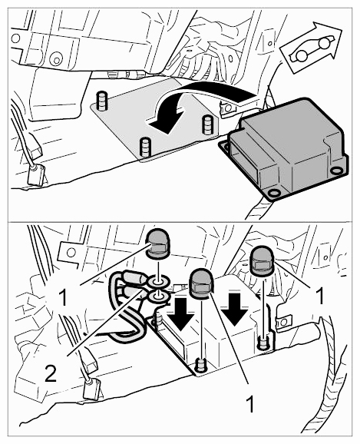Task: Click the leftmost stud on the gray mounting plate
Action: point(101,101)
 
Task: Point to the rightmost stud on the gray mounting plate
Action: point(207,125)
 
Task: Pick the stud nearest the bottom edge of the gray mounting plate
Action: point(145,147)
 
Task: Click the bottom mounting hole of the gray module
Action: point(273,193)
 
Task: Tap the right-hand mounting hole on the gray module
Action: point(336,171)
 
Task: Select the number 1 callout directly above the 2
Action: point(63,298)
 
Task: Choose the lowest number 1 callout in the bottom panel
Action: point(250,404)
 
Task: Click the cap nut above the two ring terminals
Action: point(157,244)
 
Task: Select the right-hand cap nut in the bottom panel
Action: point(263,261)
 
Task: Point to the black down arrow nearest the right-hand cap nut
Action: point(235,310)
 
